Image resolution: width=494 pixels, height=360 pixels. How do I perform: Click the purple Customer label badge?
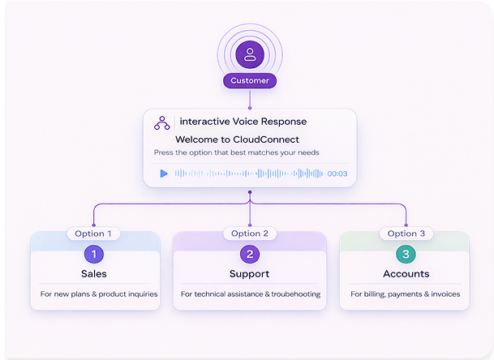[250, 81]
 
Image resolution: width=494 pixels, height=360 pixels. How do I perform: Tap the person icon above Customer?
[250, 55]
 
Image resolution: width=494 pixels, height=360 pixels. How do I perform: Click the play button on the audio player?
[164, 174]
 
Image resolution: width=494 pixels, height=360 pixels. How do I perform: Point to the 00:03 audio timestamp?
[337, 174]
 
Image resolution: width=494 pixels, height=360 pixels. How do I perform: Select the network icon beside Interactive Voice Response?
[161, 122]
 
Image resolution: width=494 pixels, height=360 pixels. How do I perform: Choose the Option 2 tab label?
[249, 234]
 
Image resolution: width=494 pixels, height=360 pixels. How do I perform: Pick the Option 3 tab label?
[406, 234]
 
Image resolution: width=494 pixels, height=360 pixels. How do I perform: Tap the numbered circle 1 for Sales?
[94, 254]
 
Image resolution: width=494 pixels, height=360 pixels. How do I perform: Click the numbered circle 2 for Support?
[250, 254]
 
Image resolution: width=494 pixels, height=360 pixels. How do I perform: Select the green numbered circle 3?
[406, 254]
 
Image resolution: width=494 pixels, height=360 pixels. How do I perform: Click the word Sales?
[94, 274]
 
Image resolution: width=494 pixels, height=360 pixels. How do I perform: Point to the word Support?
[250, 274]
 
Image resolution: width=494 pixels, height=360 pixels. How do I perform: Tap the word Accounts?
[406, 274]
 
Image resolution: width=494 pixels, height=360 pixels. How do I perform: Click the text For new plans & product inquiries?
[99, 294]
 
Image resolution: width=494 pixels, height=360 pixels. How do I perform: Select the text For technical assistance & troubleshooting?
[250, 294]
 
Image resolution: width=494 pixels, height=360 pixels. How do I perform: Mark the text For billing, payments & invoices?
[406, 294]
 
